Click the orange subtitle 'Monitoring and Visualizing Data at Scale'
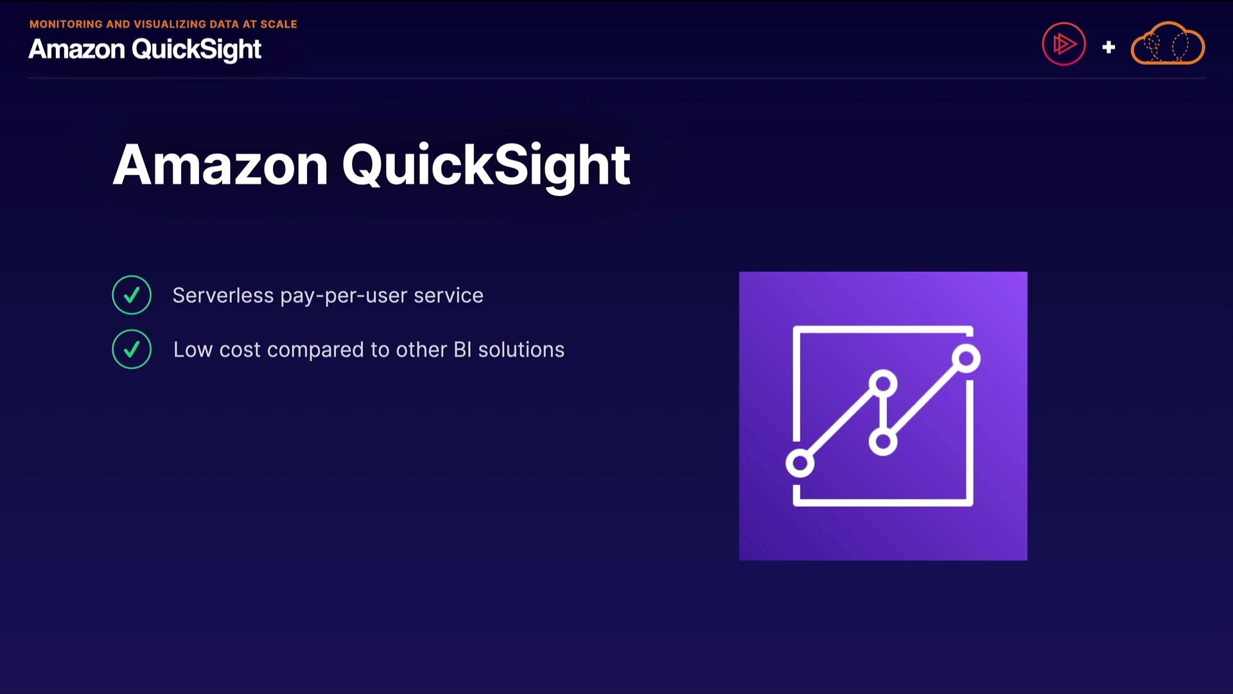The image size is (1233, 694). pos(163,24)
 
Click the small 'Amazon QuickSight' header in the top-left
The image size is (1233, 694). pos(144,49)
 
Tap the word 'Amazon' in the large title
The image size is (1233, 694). pos(220,165)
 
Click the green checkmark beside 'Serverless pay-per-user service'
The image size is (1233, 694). pos(132,295)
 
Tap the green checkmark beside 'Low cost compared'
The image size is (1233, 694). pos(132,349)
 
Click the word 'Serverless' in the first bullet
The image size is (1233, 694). pos(223,296)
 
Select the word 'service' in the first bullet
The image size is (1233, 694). pos(448,296)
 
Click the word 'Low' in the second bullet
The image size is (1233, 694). pos(193,350)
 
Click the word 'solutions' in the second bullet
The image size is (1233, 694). pos(521,350)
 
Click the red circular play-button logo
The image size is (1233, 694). pos(1064,44)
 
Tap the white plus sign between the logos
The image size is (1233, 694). pos(1108,47)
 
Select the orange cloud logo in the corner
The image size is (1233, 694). pos(1167,44)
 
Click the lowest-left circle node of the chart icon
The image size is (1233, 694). pos(800,463)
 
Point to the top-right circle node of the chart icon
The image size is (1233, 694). pos(966,359)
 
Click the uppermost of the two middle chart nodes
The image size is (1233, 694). pos(883,384)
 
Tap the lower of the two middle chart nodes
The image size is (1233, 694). pos(883,441)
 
